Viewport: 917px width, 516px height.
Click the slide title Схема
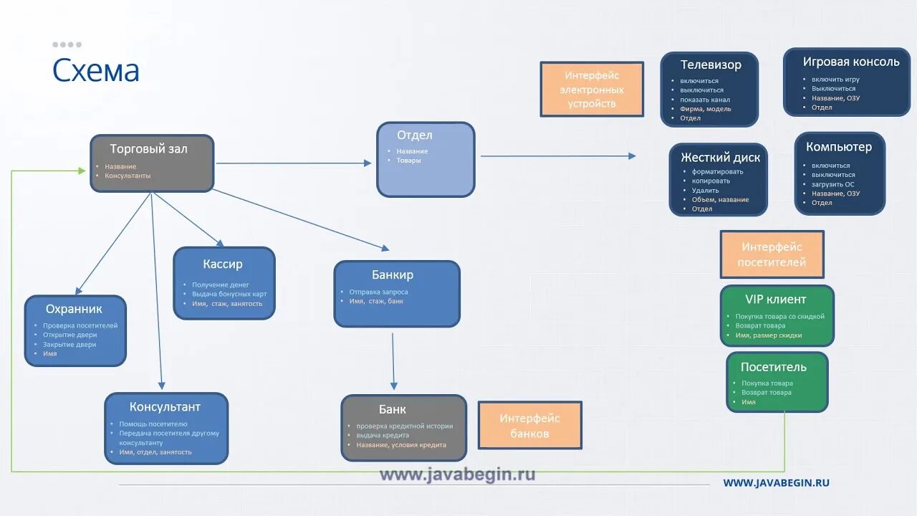pos(96,71)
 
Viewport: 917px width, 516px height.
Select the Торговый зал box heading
pos(148,149)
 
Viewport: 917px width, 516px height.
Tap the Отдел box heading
pos(415,135)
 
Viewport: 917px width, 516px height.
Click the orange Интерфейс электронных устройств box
pos(592,90)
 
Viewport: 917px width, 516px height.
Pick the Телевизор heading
pos(711,64)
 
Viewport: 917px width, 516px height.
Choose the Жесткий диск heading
pos(720,157)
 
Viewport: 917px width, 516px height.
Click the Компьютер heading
pos(839,147)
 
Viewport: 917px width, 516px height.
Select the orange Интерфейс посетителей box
pos(772,254)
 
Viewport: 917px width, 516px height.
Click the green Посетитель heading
pos(773,367)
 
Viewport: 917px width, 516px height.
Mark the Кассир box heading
pos(223,264)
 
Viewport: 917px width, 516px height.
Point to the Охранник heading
pos(74,309)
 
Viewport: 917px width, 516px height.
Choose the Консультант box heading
pos(165,407)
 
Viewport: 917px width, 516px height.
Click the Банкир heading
pos(392,274)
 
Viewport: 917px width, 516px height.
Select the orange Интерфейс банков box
pos(529,426)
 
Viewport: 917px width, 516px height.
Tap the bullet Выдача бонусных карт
pos(229,294)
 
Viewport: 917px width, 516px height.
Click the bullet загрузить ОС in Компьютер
pos(832,184)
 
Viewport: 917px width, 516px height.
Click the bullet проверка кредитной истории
pos(404,426)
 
